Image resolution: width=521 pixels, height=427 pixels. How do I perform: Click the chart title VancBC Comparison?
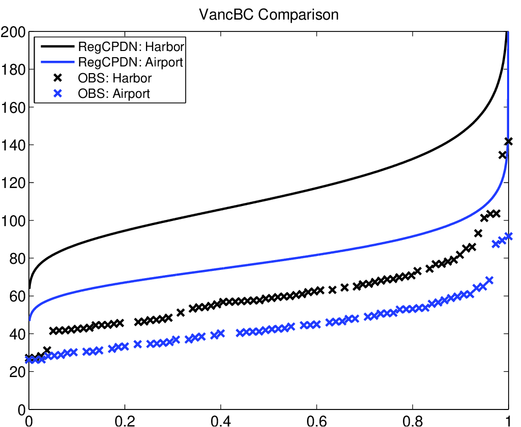tap(269, 14)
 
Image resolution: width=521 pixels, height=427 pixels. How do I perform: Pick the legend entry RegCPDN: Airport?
tap(131, 63)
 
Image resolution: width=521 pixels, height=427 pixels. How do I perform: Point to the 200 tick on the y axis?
tap(14, 32)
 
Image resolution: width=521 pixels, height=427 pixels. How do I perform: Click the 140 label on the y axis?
tap(14, 145)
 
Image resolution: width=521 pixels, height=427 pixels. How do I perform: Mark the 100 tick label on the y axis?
tap(14, 221)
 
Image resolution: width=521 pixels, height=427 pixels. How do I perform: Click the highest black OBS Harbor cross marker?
tap(508, 141)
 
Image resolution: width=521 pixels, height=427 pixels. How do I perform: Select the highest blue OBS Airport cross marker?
tap(508, 236)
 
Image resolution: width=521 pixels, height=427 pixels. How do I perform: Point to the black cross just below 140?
tap(502, 155)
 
